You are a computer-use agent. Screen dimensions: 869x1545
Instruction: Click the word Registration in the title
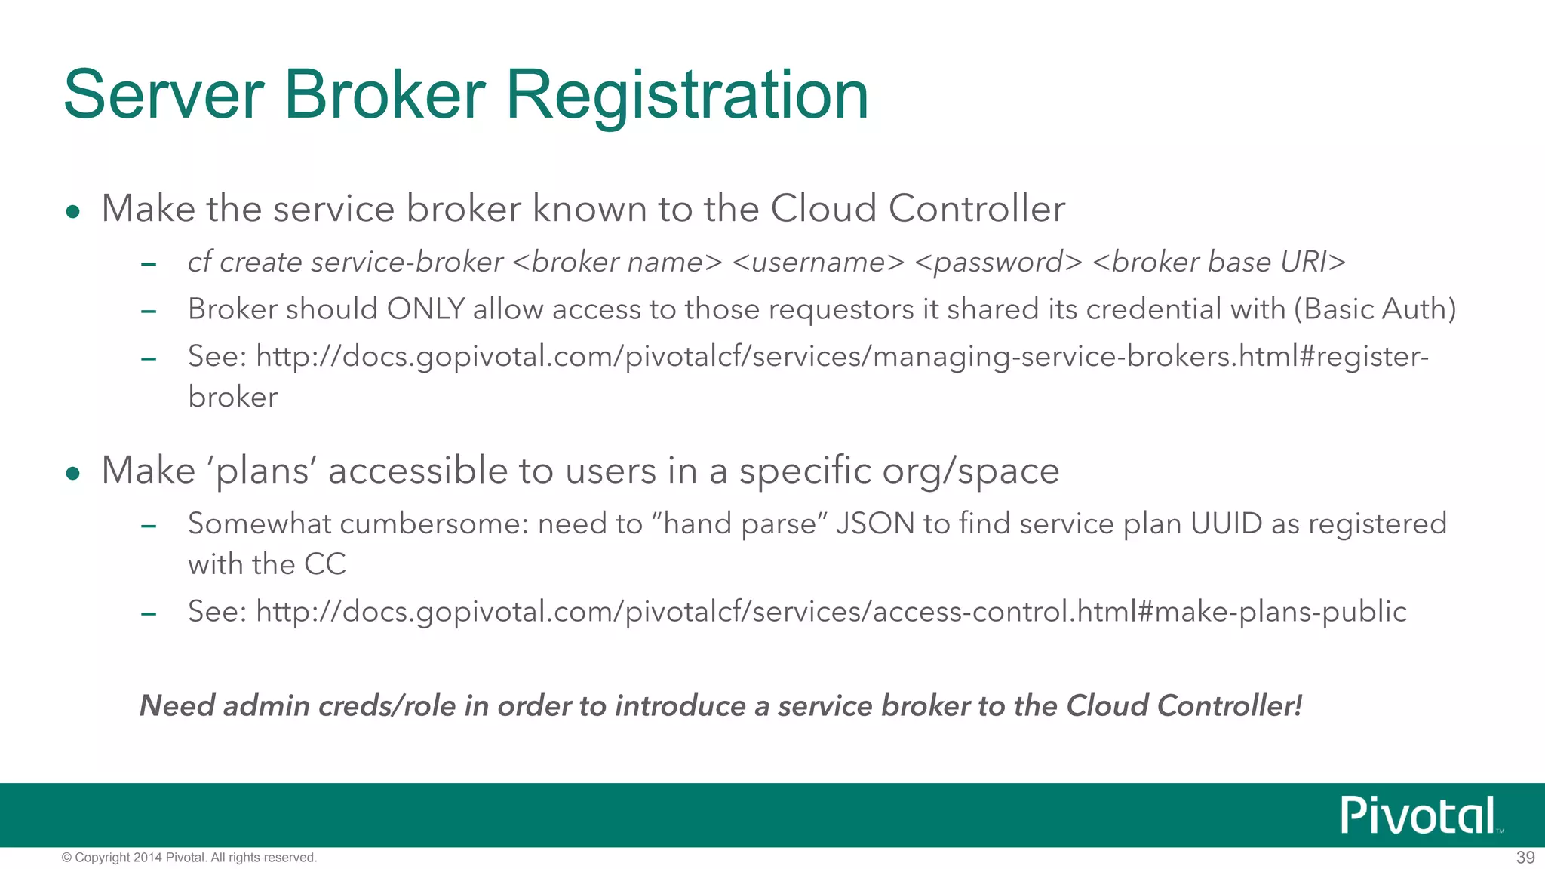(686, 95)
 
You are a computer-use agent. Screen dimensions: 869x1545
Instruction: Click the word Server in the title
(163, 95)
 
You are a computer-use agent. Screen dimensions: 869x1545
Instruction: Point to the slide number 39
(1525, 858)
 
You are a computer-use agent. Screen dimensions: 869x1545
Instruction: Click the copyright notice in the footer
(189, 858)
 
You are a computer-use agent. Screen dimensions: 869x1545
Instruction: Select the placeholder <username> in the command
(818, 262)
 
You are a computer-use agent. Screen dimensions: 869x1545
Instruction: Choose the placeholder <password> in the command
(998, 262)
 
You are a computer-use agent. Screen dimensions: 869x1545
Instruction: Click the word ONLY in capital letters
(425, 309)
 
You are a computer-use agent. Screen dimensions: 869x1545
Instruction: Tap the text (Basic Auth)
(1375, 309)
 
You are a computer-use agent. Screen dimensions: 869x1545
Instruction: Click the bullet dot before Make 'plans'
(73, 474)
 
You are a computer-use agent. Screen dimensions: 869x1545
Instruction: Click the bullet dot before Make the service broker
(73, 212)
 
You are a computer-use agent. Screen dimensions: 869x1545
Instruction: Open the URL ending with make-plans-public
(831, 611)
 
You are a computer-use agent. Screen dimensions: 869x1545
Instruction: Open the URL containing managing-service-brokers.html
(841, 356)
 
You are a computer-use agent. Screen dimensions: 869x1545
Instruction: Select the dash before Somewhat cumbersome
(149, 527)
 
